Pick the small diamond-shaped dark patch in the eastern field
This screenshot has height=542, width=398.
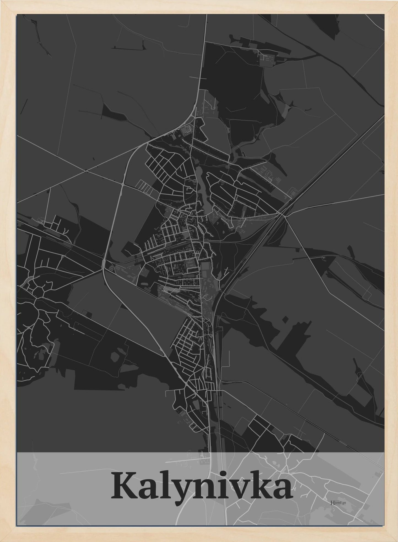(x=285, y=320)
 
